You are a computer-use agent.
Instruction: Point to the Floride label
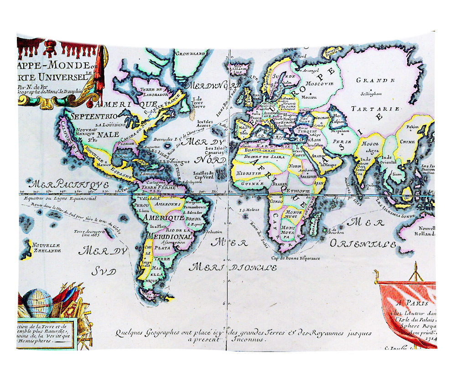pos(126,143)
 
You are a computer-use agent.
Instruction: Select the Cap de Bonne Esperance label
pos(295,258)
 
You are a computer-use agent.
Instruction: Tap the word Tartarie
pos(376,109)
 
